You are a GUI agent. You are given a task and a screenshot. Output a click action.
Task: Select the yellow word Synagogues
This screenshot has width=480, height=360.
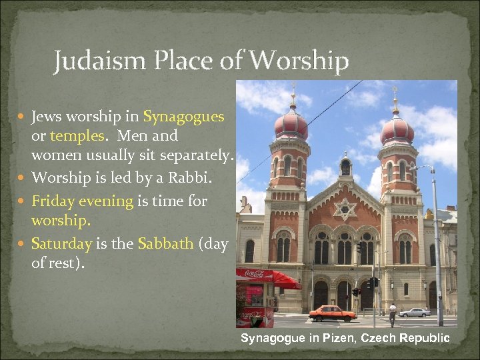tap(183, 117)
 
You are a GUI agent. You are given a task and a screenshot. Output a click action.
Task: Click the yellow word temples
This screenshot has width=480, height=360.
tap(74, 136)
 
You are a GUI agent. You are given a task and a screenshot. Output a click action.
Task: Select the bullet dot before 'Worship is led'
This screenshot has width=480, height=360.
tap(23, 179)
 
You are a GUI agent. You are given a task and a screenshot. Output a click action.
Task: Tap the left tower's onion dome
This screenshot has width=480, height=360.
tap(291, 124)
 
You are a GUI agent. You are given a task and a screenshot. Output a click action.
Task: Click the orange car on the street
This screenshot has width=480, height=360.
tap(332, 313)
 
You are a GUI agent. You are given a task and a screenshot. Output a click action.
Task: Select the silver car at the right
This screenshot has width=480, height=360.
tap(415, 311)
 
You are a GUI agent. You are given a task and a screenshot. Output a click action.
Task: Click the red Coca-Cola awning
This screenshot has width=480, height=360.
tap(267, 275)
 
